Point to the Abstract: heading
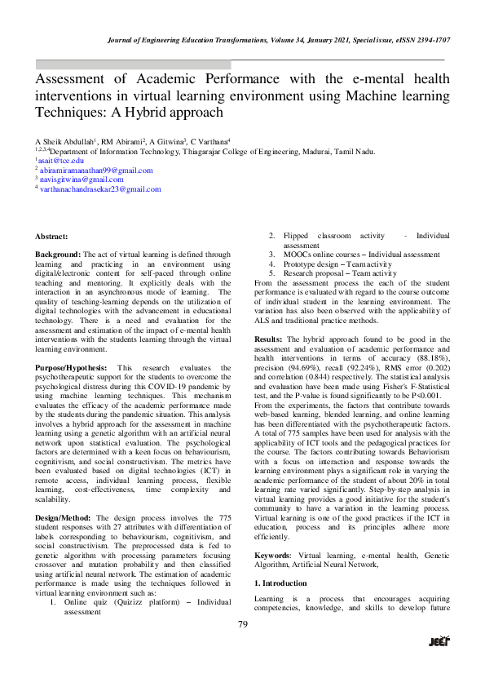point(51,236)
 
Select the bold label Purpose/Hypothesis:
point(73,368)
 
